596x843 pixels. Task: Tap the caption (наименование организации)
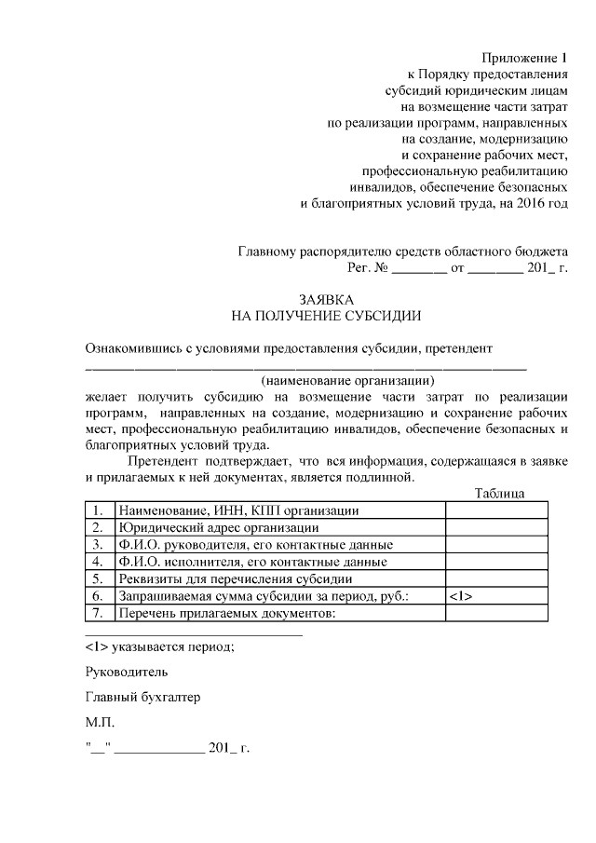tap(348, 380)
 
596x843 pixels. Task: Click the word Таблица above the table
tap(499, 493)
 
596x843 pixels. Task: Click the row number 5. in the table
tap(98, 578)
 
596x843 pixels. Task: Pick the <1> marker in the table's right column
tap(460, 596)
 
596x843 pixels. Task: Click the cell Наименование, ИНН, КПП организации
tap(237, 510)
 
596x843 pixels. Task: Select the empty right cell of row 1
tap(484, 510)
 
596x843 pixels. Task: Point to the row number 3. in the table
tap(98, 545)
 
